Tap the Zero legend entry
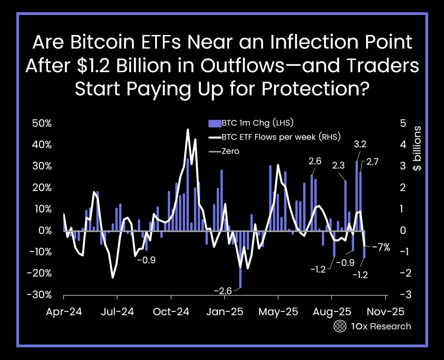click(230, 151)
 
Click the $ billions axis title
click(417, 148)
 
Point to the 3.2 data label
click(360, 145)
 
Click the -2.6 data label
click(223, 291)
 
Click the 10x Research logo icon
click(339, 326)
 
